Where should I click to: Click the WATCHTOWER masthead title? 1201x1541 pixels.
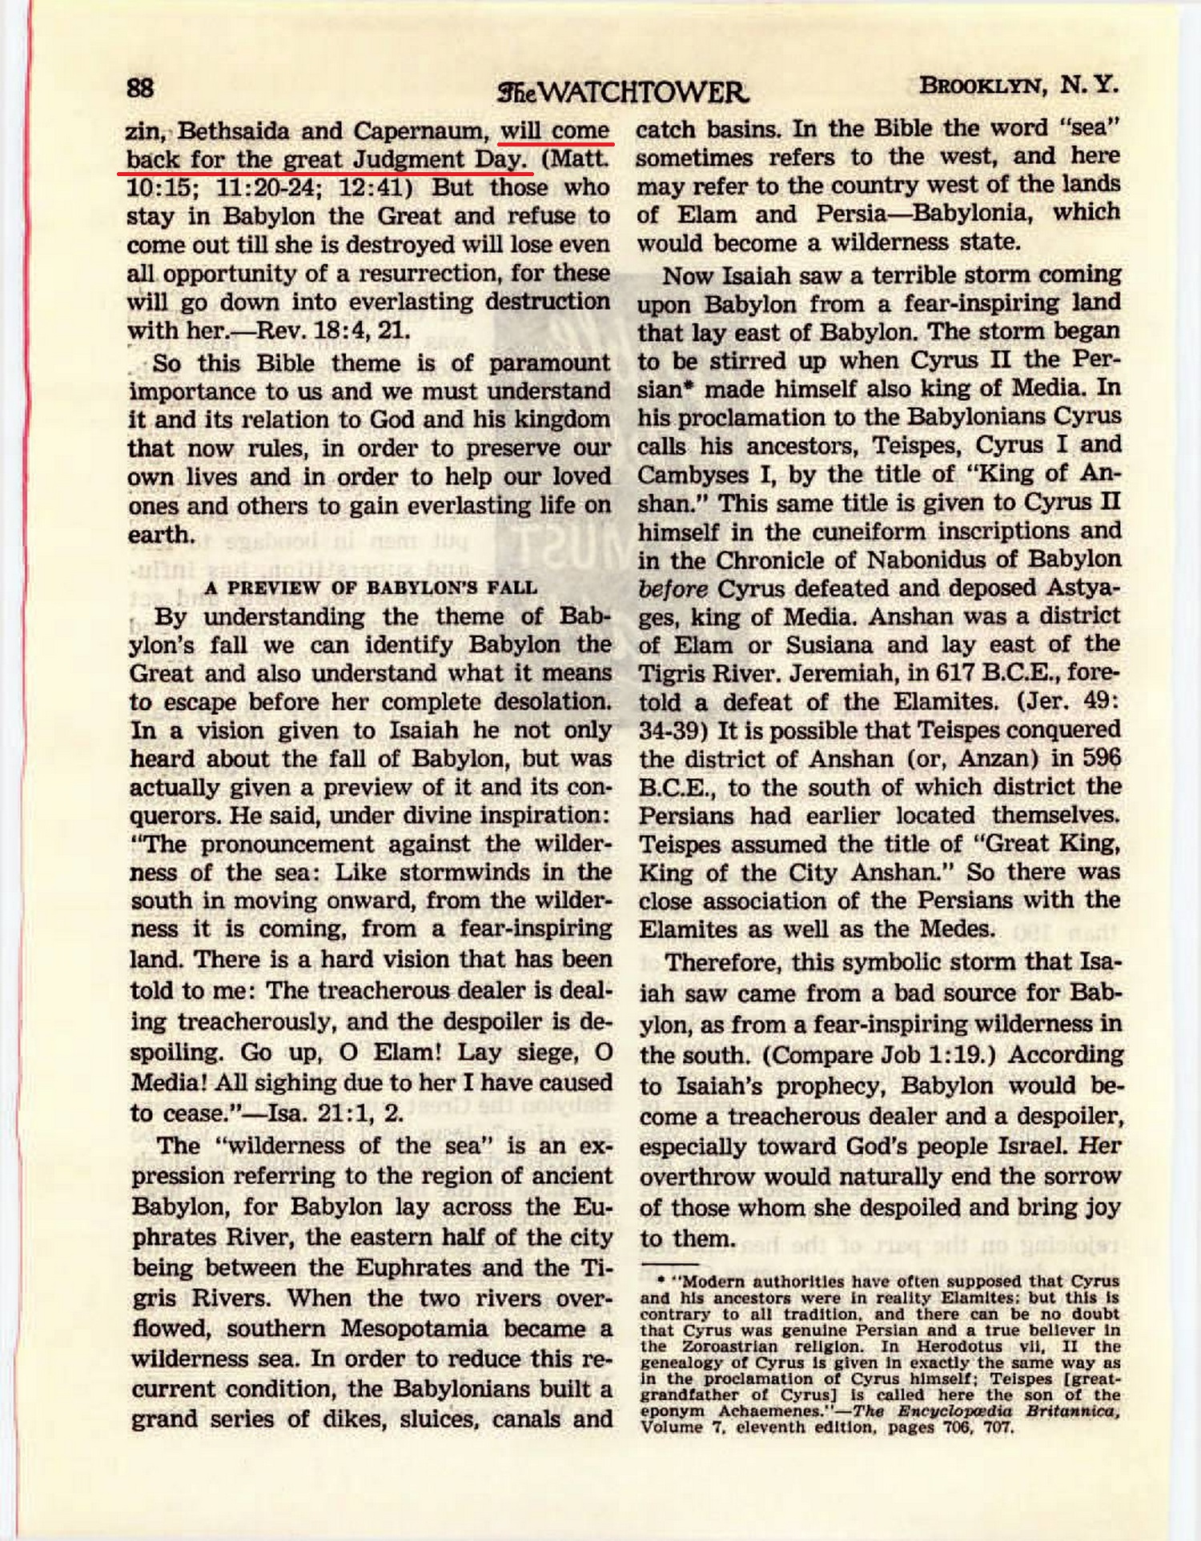pyautogui.click(x=623, y=93)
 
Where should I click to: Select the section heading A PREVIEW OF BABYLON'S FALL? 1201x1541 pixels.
pyautogui.click(x=370, y=588)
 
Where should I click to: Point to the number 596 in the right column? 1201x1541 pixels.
pyautogui.click(x=1101, y=758)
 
